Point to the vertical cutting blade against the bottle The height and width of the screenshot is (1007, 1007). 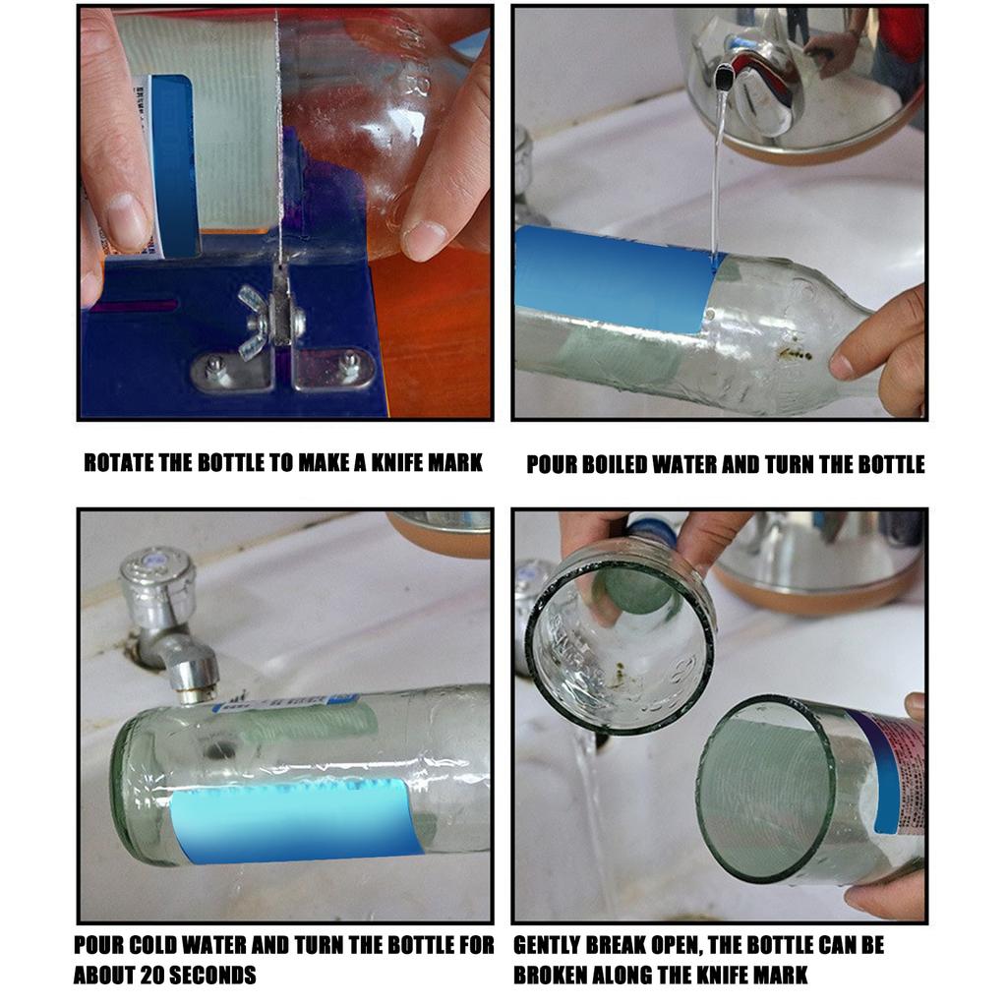coord(277,148)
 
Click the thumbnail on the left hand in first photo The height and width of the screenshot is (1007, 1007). coord(127,222)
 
